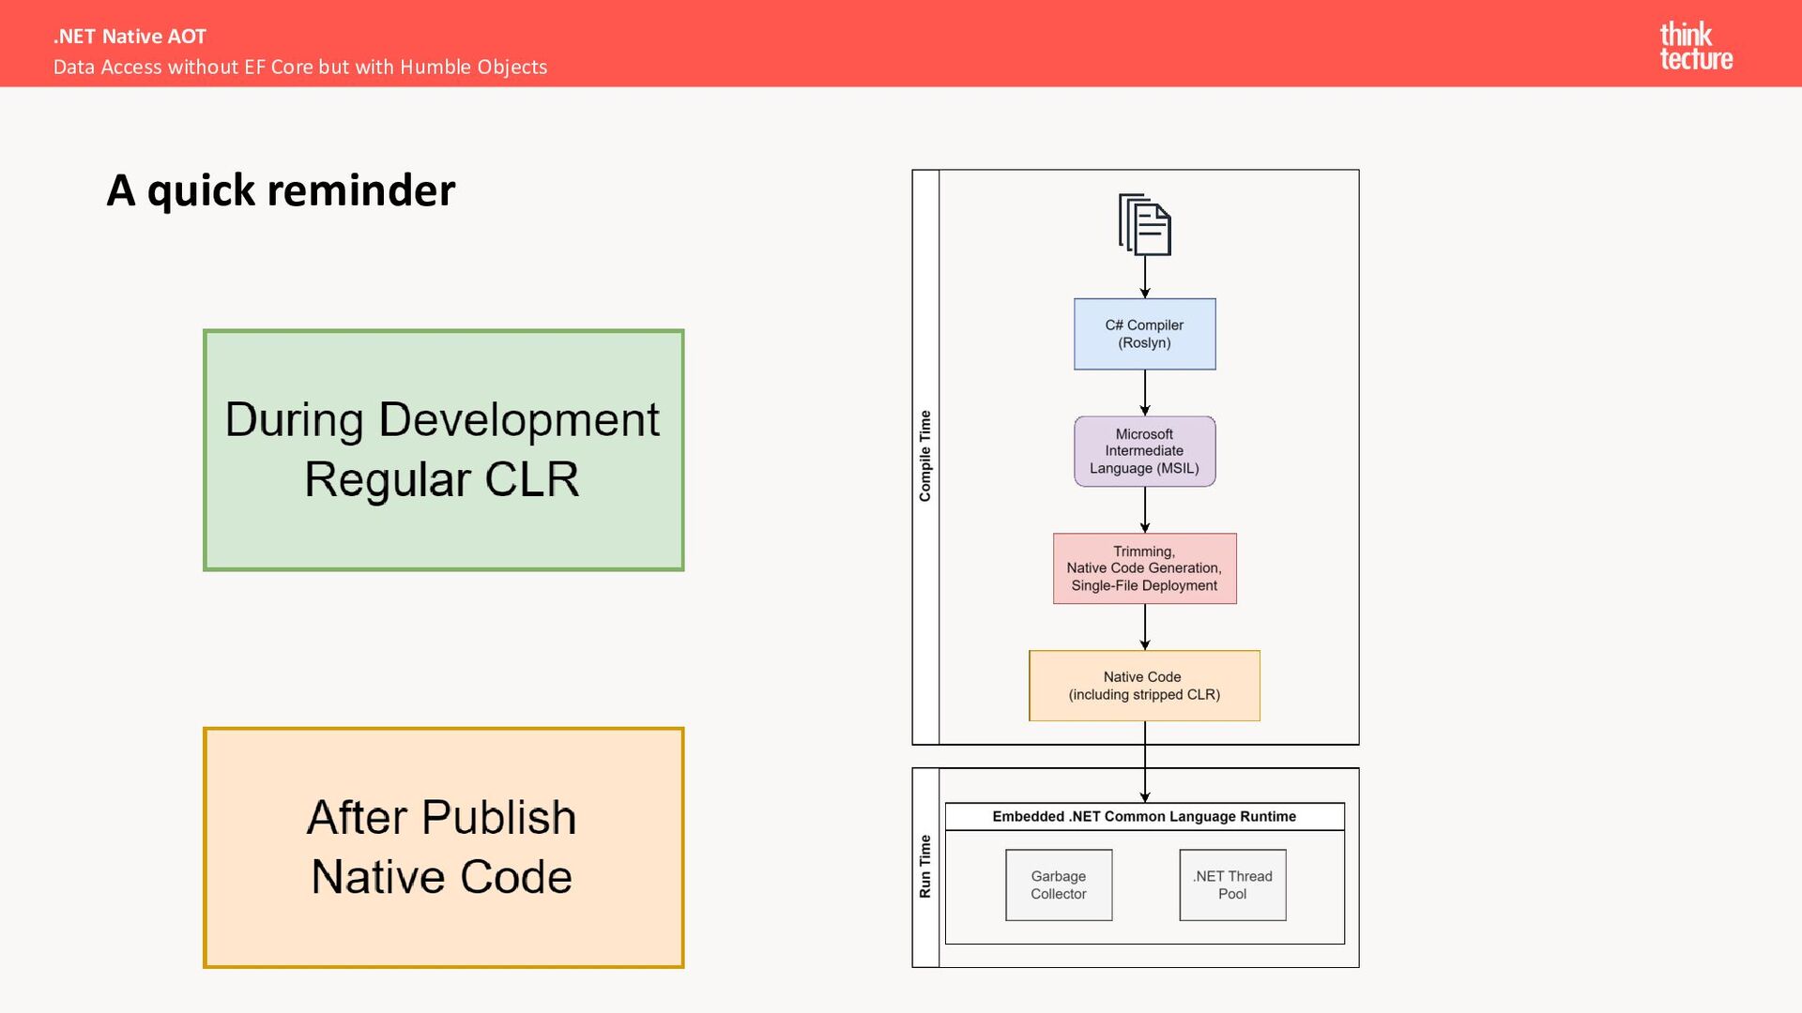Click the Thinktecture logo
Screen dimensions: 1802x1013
(1696, 46)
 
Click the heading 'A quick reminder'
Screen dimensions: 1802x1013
(281, 190)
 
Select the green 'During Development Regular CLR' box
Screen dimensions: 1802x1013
(444, 450)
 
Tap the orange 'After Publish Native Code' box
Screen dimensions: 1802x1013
(444, 848)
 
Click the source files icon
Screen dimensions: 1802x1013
(1145, 224)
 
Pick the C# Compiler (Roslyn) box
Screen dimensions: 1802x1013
(1145, 334)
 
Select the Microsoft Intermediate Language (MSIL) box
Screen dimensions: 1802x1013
(1145, 451)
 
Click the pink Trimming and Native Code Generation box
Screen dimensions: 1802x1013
(1145, 568)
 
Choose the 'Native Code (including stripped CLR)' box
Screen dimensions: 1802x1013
(1145, 686)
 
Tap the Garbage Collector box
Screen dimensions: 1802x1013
(1059, 885)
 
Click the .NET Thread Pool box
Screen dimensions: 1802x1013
(1233, 885)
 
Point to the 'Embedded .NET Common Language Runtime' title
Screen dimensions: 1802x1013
(1144, 816)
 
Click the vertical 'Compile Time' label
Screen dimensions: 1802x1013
(925, 456)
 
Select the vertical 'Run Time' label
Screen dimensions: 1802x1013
(925, 867)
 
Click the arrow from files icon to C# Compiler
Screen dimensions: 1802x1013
(1145, 278)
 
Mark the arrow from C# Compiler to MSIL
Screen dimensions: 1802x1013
(1145, 393)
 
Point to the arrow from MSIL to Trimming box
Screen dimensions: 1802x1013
(1145, 510)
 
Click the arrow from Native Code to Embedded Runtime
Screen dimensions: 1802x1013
(1145, 762)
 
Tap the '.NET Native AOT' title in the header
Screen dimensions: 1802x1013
(130, 37)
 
